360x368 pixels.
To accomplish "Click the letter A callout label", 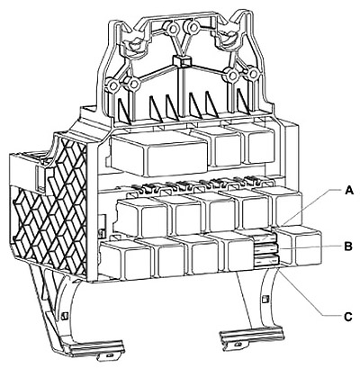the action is point(348,190).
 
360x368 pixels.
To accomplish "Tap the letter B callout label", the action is point(348,247).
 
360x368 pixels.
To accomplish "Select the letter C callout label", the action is point(348,317).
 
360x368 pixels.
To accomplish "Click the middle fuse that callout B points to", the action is point(266,249).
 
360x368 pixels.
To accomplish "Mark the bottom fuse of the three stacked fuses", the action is point(267,260).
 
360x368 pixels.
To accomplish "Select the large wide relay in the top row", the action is point(159,153).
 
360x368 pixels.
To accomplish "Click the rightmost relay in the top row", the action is point(258,146).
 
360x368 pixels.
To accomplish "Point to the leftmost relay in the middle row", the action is point(141,217).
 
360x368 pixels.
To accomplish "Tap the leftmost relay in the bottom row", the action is point(126,259).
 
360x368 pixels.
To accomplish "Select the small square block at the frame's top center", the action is point(182,60).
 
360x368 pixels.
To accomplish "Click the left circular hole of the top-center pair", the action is point(173,29).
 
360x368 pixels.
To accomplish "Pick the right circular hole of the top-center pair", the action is point(193,28).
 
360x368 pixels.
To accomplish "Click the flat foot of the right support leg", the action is point(252,336).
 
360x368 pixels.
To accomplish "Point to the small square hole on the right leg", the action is point(265,299).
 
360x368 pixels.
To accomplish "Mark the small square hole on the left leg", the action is point(64,316).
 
